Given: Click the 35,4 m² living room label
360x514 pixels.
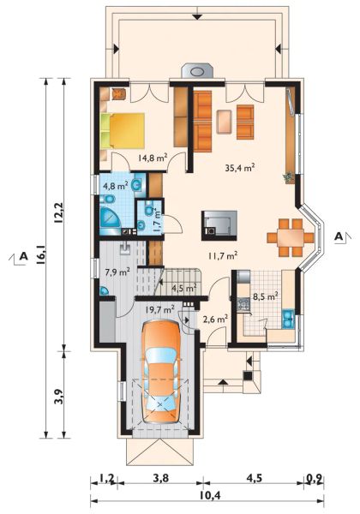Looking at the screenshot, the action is [240, 168].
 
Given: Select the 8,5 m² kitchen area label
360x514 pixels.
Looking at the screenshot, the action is [266, 296].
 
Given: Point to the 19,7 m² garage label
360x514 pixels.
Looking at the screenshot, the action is [159, 309].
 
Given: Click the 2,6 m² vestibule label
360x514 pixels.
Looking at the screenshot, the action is [215, 319].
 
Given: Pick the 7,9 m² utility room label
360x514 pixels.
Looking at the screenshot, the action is [117, 272].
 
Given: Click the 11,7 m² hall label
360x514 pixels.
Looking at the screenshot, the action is [223, 255].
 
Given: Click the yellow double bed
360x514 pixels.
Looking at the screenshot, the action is [123, 130].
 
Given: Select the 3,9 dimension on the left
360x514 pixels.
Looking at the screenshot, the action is [58, 397].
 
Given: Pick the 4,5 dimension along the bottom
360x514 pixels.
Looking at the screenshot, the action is [254, 478].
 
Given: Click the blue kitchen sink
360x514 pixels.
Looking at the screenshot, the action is [288, 319].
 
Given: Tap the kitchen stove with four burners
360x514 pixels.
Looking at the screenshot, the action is [244, 304].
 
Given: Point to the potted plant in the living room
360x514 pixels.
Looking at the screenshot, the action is [288, 177].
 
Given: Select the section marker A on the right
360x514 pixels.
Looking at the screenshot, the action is [339, 236].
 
